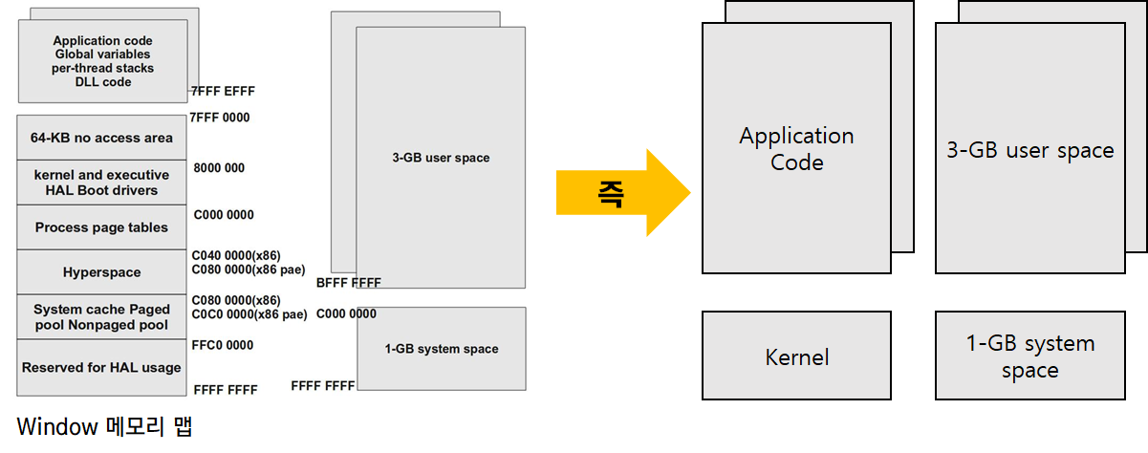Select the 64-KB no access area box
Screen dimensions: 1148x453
(x=102, y=138)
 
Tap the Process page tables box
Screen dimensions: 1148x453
(x=102, y=227)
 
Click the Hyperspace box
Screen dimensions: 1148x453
(x=102, y=272)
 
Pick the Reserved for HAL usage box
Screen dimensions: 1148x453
(x=102, y=367)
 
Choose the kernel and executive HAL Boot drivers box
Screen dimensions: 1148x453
(x=102, y=183)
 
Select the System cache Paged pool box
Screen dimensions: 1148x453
(x=102, y=317)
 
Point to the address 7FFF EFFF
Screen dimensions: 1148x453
(x=223, y=92)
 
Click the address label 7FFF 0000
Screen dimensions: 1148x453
(x=220, y=118)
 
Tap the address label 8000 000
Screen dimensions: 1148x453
(x=219, y=168)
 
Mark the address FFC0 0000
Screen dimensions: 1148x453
(x=224, y=345)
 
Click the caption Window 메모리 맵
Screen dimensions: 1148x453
(x=104, y=426)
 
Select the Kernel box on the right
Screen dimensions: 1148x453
(x=797, y=357)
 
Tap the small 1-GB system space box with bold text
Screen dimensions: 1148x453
(x=442, y=349)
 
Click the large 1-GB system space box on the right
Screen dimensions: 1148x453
(x=1030, y=356)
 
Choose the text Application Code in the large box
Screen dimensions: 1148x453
(x=796, y=149)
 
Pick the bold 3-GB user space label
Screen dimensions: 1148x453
(x=441, y=158)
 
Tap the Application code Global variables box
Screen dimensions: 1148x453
(x=102, y=61)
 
